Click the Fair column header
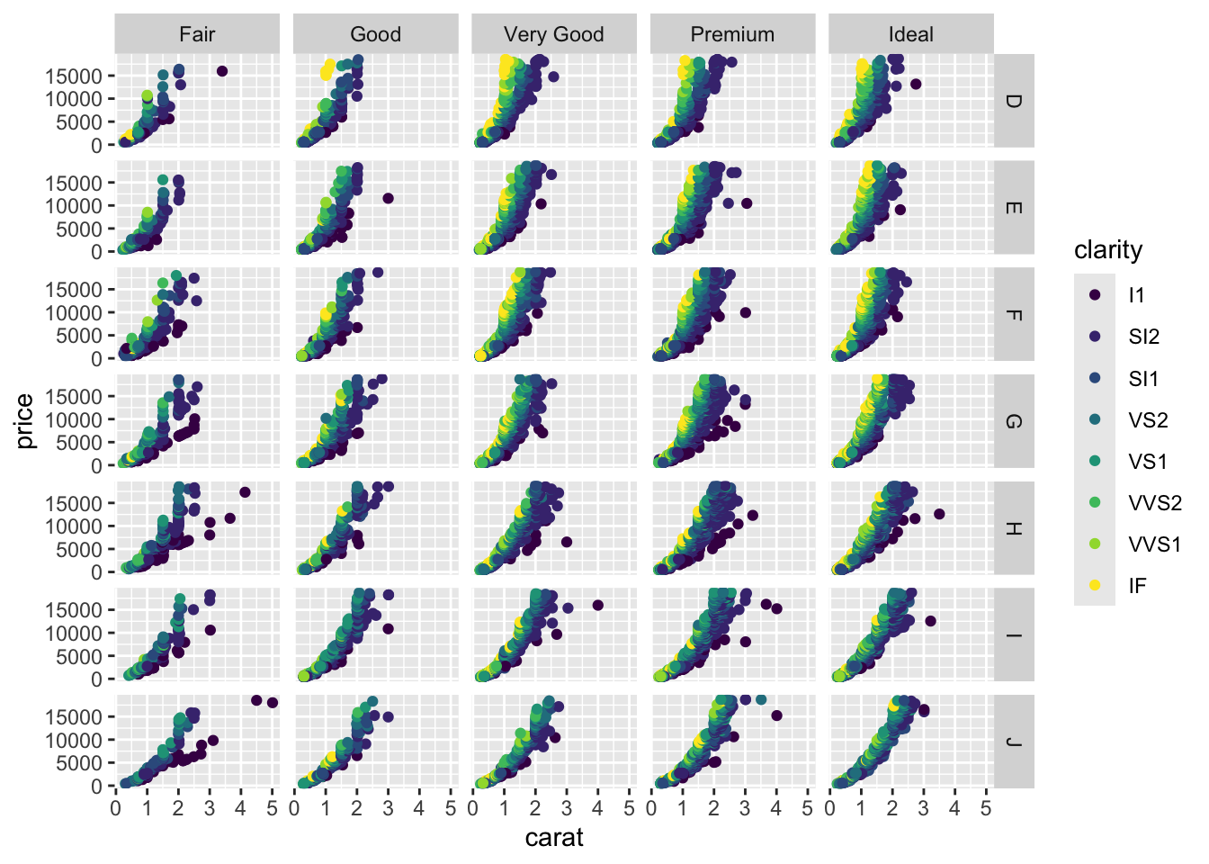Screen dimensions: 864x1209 (x=197, y=34)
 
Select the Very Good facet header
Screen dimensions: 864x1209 (x=553, y=34)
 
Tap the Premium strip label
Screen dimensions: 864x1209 (x=732, y=34)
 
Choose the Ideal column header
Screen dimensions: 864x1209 (x=910, y=34)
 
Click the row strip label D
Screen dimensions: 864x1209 (x=1013, y=101)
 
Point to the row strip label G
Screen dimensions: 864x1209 (x=1013, y=421)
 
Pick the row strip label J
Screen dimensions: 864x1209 (x=1013, y=742)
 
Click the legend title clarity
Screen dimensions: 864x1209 (x=1108, y=250)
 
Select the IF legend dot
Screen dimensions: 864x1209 (x=1095, y=585)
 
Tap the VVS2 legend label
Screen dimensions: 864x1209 (x=1155, y=503)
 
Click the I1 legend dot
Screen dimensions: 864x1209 (x=1095, y=294)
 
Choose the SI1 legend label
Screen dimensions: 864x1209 (x=1143, y=379)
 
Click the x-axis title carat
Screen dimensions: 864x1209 (x=554, y=838)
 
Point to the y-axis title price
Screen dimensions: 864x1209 (x=24, y=421)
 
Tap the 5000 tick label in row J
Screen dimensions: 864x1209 (x=78, y=763)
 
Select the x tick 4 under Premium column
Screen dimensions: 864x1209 (x=776, y=808)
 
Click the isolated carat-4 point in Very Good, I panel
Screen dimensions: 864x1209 (x=598, y=606)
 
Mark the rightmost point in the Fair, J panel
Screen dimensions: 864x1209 (x=273, y=703)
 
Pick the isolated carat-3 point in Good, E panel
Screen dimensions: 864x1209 (x=389, y=199)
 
